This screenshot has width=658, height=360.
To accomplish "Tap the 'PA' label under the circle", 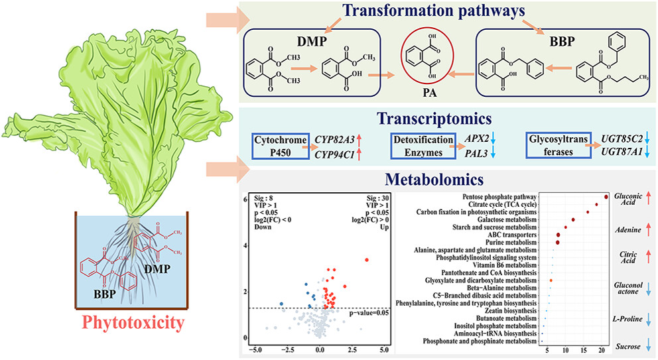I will (x=432, y=102).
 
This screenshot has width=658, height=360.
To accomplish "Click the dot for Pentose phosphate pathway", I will (x=606, y=197).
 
